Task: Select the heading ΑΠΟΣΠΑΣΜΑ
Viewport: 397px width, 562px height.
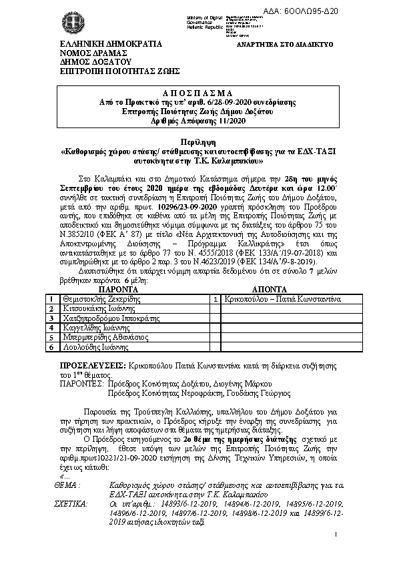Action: (x=197, y=93)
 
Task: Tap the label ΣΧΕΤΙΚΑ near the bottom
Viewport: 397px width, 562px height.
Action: (x=74, y=504)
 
